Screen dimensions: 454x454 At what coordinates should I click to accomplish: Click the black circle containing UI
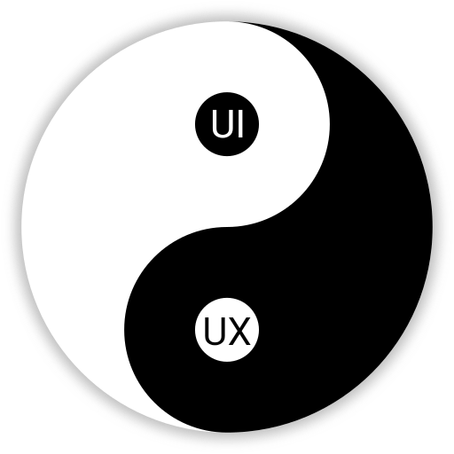pyautogui.click(x=227, y=124)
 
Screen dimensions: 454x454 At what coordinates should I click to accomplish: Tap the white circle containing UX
pyautogui.click(x=227, y=330)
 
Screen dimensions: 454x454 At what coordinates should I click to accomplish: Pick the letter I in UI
pyautogui.click(x=240, y=123)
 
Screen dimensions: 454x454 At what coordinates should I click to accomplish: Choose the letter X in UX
pyautogui.click(x=239, y=331)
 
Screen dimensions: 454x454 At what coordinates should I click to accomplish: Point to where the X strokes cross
pyautogui.click(x=239, y=331)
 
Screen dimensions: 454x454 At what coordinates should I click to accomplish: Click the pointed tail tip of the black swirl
pyautogui.click(x=237, y=21)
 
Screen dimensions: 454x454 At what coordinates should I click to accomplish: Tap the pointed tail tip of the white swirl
pyautogui.click(x=217, y=432)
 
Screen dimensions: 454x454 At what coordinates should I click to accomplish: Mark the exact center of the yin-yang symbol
pyautogui.click(x=227, y=227)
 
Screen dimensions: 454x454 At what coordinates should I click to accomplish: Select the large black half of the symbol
pyautogui.click(x=340, y=266)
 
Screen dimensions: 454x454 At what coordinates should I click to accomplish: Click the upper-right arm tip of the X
pyautogui.click(x=248, y=318)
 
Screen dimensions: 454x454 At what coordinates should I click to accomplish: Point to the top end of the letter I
pyautogui.click(x=240, y=110)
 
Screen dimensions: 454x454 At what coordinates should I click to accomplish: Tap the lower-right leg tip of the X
pyautogui.click(x=248, y=344)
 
